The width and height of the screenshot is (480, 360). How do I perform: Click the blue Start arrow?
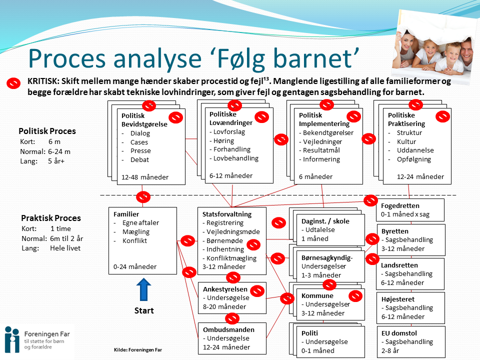[143, 289]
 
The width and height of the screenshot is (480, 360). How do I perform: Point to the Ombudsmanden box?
[231, 338]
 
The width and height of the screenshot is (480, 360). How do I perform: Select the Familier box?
[142, 240]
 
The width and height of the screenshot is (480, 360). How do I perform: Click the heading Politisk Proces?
[47, 131]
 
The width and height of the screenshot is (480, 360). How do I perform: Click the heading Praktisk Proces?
[50, 218]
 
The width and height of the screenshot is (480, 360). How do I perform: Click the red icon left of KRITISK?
[13, 83]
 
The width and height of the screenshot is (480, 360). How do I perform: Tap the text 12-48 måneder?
[145, 177]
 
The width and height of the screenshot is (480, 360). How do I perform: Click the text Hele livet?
[64, 247]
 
